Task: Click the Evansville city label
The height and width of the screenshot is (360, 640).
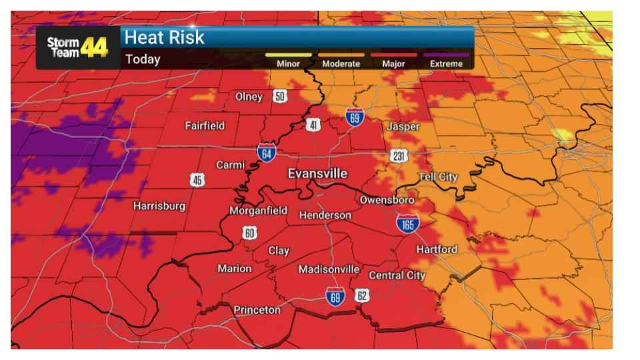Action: (x=317, y=173)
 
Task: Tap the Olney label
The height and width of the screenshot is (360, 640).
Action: (x=249, y=97)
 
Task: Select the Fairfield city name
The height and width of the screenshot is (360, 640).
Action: (x=205, y=125)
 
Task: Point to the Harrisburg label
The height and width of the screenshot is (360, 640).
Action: (x=159, y=206)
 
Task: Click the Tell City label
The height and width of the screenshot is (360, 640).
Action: (x=437, y=177)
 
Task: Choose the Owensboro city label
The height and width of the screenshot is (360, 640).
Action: (x=387, y=199)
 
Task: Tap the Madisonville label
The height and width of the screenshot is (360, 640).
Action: (x=329, y=269)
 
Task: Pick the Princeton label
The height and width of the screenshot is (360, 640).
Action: (x=257, y=310)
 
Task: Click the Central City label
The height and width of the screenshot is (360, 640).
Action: (x=397, y=275)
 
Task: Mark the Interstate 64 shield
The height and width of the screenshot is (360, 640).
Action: (x=267, y=152)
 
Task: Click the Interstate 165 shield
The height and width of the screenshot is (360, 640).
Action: (x=407, y=224)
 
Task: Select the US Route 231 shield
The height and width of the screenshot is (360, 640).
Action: (x=399, y=156)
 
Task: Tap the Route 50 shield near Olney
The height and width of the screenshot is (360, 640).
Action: (x=280, y=97)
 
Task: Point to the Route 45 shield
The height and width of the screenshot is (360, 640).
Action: (x=197, y=179)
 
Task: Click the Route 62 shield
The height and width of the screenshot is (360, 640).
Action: (x=362, y=295)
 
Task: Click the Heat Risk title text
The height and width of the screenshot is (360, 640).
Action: (x=164, y=37)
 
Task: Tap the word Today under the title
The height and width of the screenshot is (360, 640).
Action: (x=143, y=59)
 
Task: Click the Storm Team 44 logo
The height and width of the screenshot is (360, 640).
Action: (x=77, y=47)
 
